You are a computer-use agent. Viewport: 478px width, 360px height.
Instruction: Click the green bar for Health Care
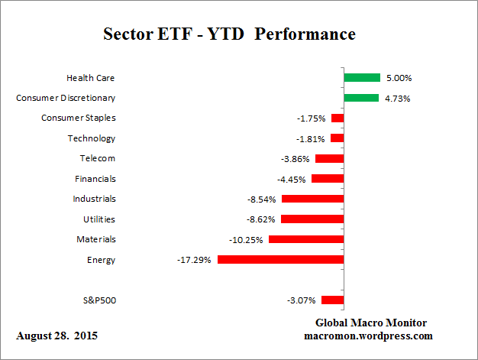(362, 77)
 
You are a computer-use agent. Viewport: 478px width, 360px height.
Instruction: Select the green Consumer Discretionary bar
(361, 98)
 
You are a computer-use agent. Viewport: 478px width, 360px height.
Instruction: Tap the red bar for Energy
(280, 260)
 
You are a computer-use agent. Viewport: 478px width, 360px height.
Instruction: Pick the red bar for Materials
(305, 239)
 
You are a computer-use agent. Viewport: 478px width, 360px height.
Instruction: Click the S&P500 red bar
(332, 300)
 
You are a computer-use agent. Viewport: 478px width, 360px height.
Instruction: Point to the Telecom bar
(329, 158)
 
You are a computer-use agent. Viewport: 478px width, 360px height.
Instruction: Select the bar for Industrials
(312, 199)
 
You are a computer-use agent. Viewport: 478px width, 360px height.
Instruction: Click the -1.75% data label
(311, 118)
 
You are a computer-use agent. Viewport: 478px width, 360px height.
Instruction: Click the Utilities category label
(99, 219)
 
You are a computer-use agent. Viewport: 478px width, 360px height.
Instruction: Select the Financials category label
(95, 179)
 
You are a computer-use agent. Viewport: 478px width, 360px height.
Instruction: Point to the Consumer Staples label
(79, 118)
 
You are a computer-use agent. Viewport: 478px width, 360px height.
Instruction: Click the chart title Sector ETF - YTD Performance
(229, 34)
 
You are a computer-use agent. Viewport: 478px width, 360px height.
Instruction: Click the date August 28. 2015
(57, 336)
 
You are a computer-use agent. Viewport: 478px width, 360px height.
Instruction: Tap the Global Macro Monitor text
(371, 323)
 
